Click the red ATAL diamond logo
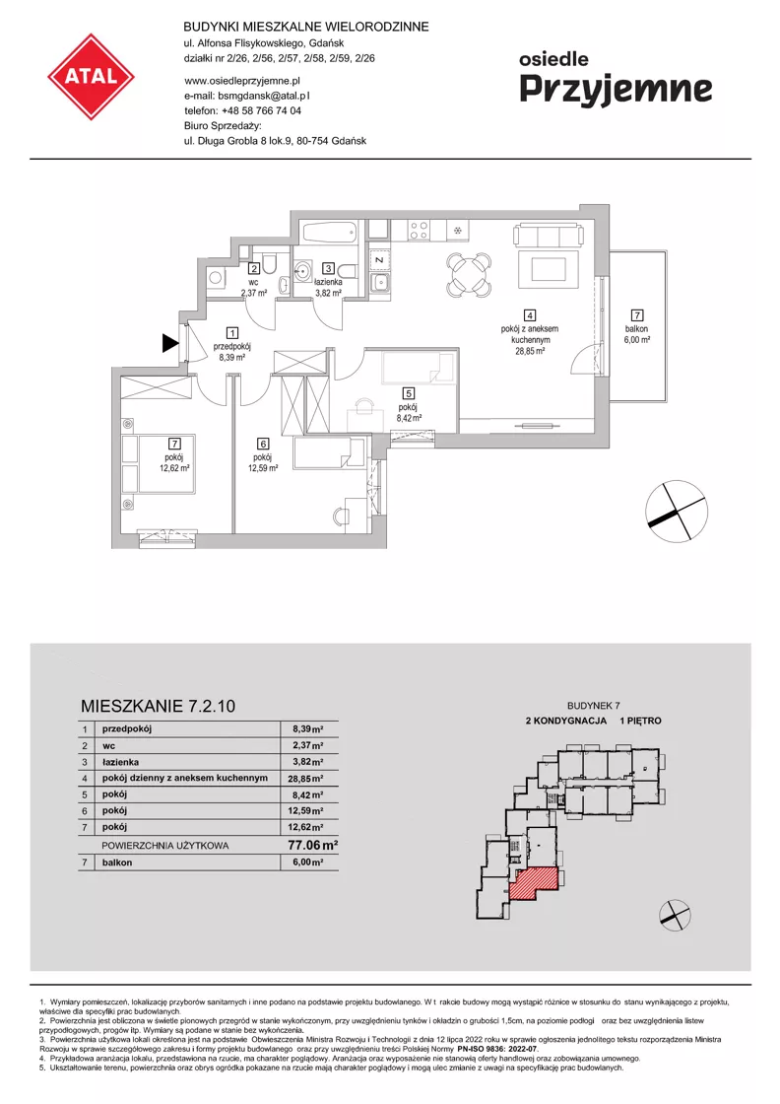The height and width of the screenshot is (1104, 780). pos(91,76)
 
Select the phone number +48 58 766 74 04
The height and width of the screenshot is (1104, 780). pos(261,110)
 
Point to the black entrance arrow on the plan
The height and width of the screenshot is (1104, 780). pos(170,343)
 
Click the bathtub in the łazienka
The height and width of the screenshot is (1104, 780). pos(330,233)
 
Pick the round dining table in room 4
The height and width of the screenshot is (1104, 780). pos(469,273)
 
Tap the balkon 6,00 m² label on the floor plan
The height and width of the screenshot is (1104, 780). pos(636,334)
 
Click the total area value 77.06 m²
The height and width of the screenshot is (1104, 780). pos(312,845)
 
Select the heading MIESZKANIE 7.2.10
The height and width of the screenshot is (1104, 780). pos(159,706)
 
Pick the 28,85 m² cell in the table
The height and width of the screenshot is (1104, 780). pos(307,779)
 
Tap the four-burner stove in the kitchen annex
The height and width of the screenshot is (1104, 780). pos(420,231)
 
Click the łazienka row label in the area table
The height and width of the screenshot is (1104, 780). pos(120,762)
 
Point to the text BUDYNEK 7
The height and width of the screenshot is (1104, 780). pos(594,706)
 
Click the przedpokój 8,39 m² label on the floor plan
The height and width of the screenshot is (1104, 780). pos(232,351)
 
